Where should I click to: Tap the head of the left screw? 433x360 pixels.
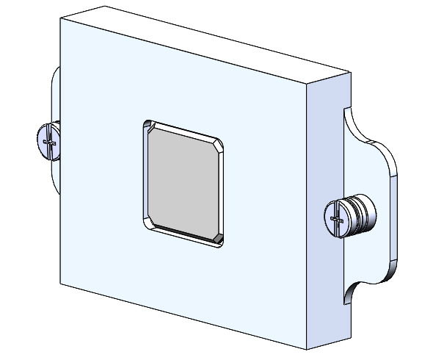coord(46,139)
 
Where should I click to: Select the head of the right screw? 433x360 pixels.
coord(336,218)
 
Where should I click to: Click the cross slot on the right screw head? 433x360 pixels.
coord(336,218)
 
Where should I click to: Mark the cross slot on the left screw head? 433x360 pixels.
coord(47,139)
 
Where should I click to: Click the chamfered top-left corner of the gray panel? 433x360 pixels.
coord(150,130)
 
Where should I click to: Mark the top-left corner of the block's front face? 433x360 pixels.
coord(60,20)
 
